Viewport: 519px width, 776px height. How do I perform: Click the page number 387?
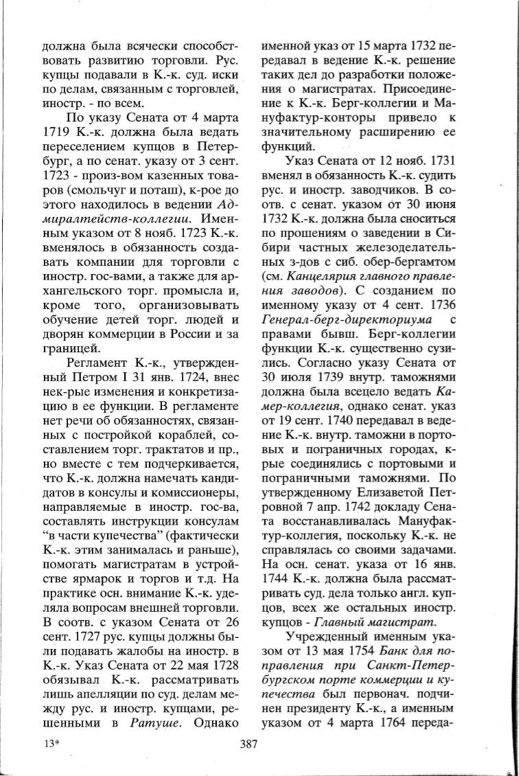249,742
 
